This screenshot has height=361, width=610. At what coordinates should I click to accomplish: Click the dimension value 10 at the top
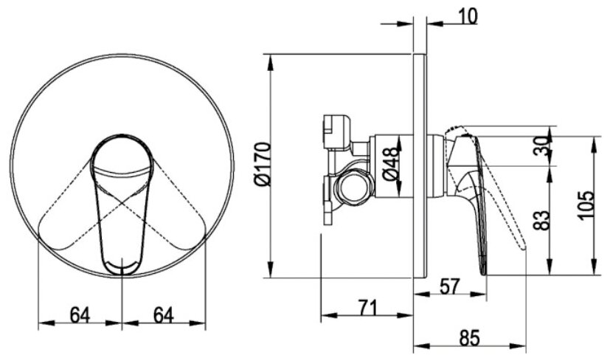pyautogui.click(x=467, y=16)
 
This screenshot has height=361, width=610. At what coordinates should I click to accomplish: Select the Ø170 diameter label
pyautogui.click(x=262, y=165)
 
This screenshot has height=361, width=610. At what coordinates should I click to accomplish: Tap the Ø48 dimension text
pyautogui.click(x=391, y=164)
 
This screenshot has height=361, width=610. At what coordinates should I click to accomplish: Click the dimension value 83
pyautogui.click(x=541, y=221)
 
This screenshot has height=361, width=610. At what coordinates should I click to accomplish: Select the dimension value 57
pyautogui.click(x=449, y=286)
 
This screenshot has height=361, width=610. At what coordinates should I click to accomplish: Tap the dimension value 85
pyautogui.click(x=469, y=338)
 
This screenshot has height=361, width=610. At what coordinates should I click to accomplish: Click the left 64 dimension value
pyautogui.click(x=80, y=314)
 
